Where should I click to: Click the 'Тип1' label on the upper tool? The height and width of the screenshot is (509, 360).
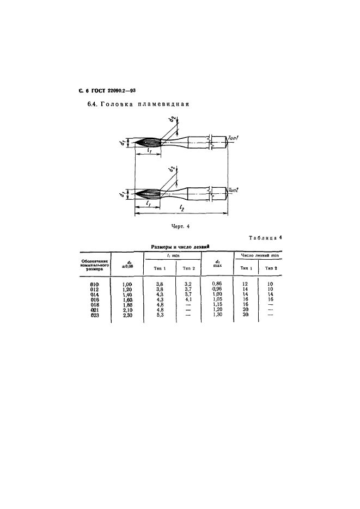[233, 138]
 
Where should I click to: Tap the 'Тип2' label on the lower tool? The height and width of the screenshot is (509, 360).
[234, 190]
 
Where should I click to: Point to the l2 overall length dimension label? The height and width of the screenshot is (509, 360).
[181, 208]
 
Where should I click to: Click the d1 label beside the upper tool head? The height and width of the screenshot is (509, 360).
[122, 142]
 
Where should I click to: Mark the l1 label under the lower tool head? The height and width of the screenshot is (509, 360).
[148, 203]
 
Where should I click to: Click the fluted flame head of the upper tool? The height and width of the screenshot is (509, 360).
[148, 143]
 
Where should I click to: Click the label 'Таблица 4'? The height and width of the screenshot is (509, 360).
[265, 237]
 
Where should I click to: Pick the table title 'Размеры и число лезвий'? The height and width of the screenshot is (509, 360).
[180, 247]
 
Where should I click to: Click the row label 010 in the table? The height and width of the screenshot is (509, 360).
[94, 284]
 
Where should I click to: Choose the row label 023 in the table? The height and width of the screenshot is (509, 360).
[94, 315]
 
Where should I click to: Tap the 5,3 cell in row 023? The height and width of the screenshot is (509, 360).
[160, 315]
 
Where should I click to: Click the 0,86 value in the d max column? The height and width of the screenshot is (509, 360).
[217, 284]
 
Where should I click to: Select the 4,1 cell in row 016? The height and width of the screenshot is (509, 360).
[188, 299]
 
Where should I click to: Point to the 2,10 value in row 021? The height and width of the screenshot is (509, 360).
[127, 310]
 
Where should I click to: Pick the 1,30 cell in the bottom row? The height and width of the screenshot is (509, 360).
[217, 315]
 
